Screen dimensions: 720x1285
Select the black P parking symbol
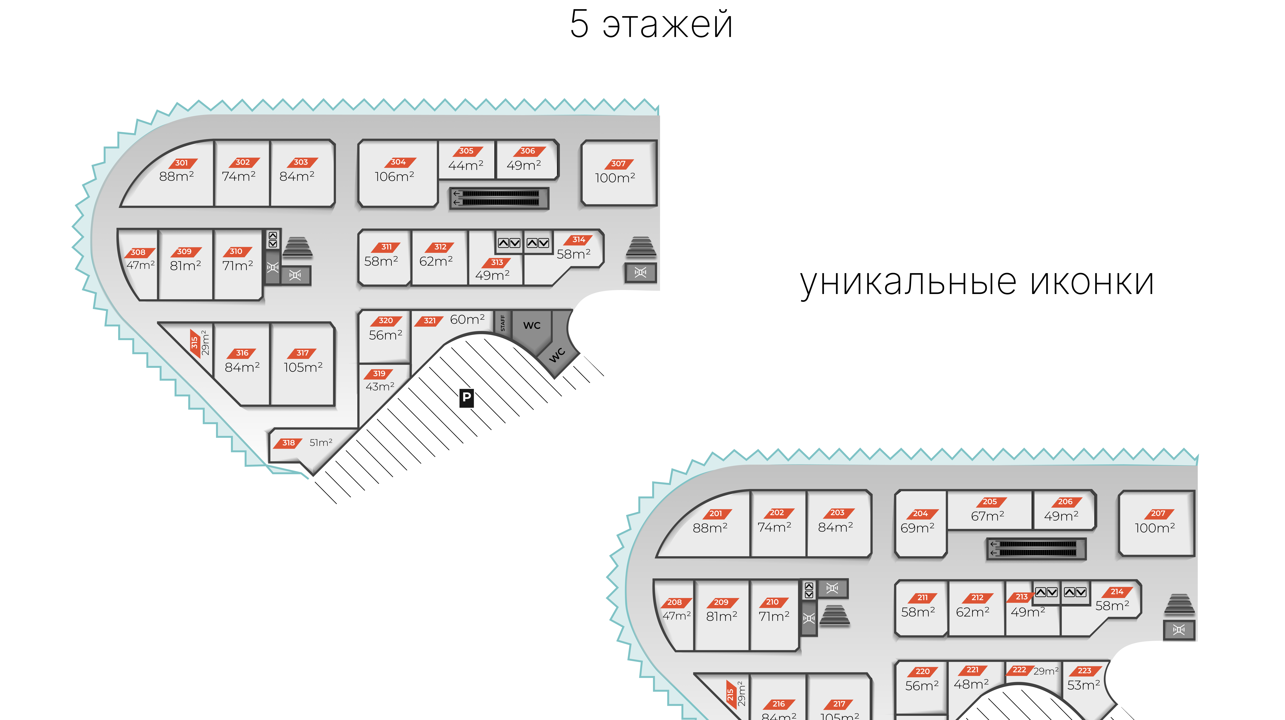[x=466, y=398]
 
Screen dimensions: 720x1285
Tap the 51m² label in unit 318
[x=321, y=443]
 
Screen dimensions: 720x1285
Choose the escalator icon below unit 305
[x=499, y=198]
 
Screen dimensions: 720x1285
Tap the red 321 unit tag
[x=430, y=321]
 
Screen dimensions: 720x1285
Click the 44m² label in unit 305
[x=465, y=165]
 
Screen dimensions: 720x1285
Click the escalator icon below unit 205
[x=1036, y=549]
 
